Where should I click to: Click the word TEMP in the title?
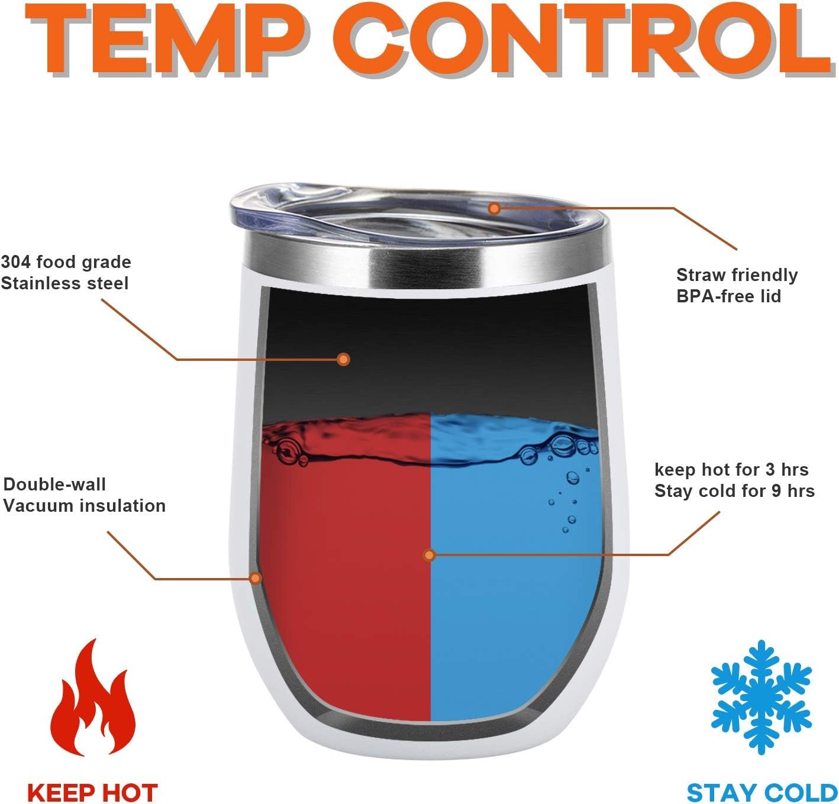[166, 39]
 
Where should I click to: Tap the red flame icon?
[93, 697]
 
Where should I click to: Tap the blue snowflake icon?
[761, 698]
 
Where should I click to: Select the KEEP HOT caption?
[92, 781]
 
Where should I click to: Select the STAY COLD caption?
[762, 781]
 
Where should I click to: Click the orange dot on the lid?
[494, 209]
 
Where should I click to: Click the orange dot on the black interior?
[343, 359]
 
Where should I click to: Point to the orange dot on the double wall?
[256, 578]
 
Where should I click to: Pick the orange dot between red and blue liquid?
[429, 555]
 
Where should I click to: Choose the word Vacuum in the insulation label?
[30, 506]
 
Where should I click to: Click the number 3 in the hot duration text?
[770, 470]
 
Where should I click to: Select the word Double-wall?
[54, 484]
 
